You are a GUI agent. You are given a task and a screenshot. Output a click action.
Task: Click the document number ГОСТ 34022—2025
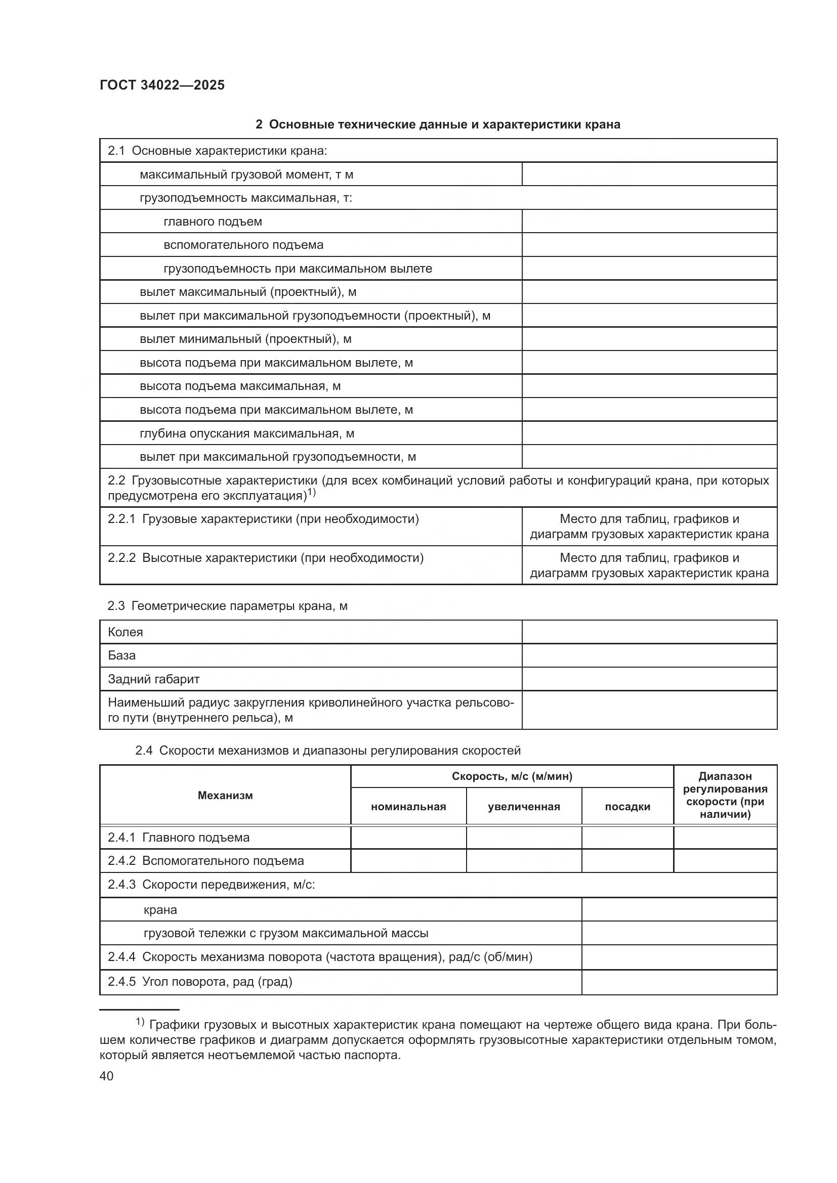coord(162,85)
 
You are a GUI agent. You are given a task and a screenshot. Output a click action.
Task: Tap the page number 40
coord(107,1076)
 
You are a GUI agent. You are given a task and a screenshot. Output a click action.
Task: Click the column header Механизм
coord(225,795)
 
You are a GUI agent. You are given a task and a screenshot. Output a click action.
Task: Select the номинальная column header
coord(408,806)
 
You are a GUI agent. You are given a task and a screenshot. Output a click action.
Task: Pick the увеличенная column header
coord(524,806)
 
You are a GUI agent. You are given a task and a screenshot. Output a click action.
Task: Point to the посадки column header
coord(627,806)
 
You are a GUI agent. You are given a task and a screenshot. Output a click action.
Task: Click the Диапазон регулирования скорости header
coord(725,795)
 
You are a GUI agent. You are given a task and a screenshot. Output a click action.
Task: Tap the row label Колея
coord(125,632)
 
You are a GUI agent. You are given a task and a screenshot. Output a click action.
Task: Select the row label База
coord(121,655)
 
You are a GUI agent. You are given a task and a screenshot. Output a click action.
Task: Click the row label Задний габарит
coord(154,679)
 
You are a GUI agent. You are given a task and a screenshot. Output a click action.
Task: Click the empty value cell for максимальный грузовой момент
coord(649,174)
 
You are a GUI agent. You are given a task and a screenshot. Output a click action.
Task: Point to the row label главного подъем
coord(213,222)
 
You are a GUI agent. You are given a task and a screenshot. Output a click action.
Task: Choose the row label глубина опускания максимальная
coord(247,433)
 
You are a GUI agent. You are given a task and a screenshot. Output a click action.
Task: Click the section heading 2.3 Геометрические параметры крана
coord(227,606)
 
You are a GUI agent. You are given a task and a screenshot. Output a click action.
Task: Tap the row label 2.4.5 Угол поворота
coord(200,982)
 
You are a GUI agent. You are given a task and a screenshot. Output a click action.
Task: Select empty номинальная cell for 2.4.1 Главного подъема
coord(408,837)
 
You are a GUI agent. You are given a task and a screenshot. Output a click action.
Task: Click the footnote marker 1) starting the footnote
coord(140,1022)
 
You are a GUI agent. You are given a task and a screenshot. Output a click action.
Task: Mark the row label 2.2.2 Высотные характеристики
coord(266,558)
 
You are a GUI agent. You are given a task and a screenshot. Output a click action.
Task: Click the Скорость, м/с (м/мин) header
coord(512,776)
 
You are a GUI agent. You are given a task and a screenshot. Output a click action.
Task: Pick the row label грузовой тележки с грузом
coord(286,933)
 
